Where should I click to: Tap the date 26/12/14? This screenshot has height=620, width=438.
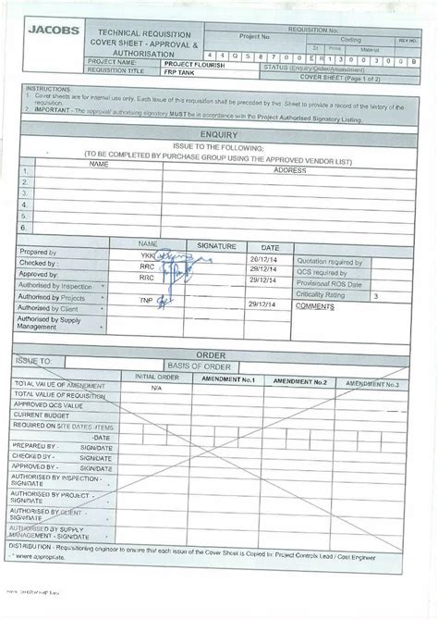click(x=263, y=261)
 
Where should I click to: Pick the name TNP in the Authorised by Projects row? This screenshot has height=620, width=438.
click(x=146, y=301)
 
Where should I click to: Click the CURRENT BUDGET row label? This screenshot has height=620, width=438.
click(x=39, y=415)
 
